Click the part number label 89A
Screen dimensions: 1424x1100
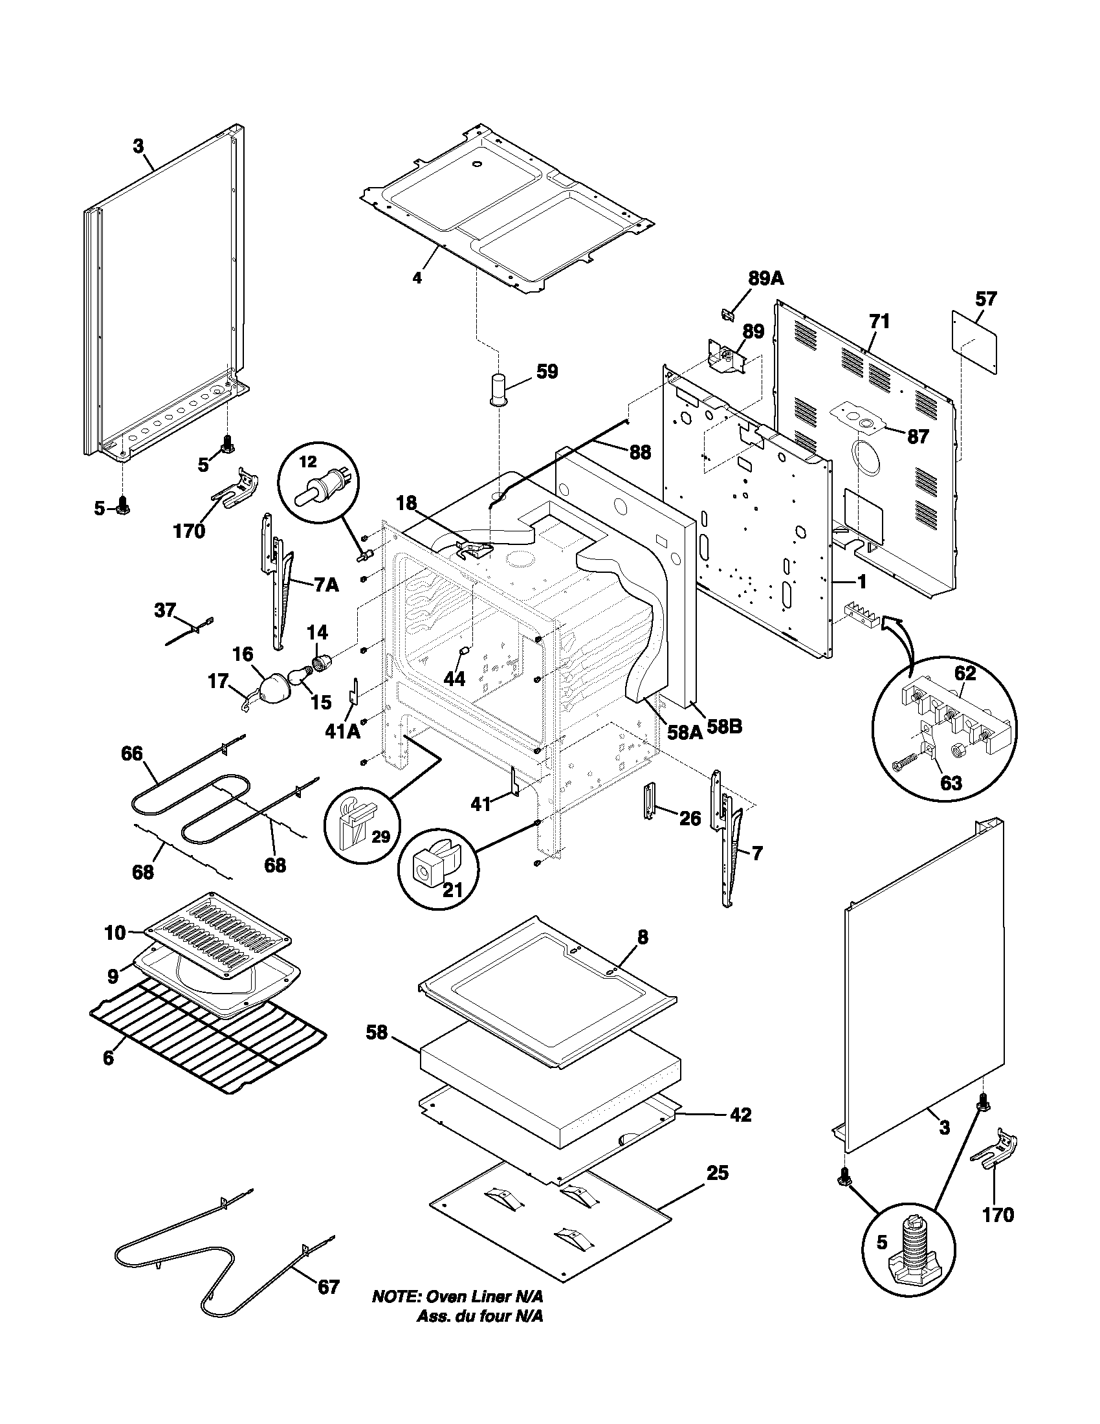click(x=765, y=279)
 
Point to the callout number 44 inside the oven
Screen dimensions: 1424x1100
click(x=454, y=679)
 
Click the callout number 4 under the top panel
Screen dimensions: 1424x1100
click(x=417, y=278)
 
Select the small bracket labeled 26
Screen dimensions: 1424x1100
click(x=648, y=800)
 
